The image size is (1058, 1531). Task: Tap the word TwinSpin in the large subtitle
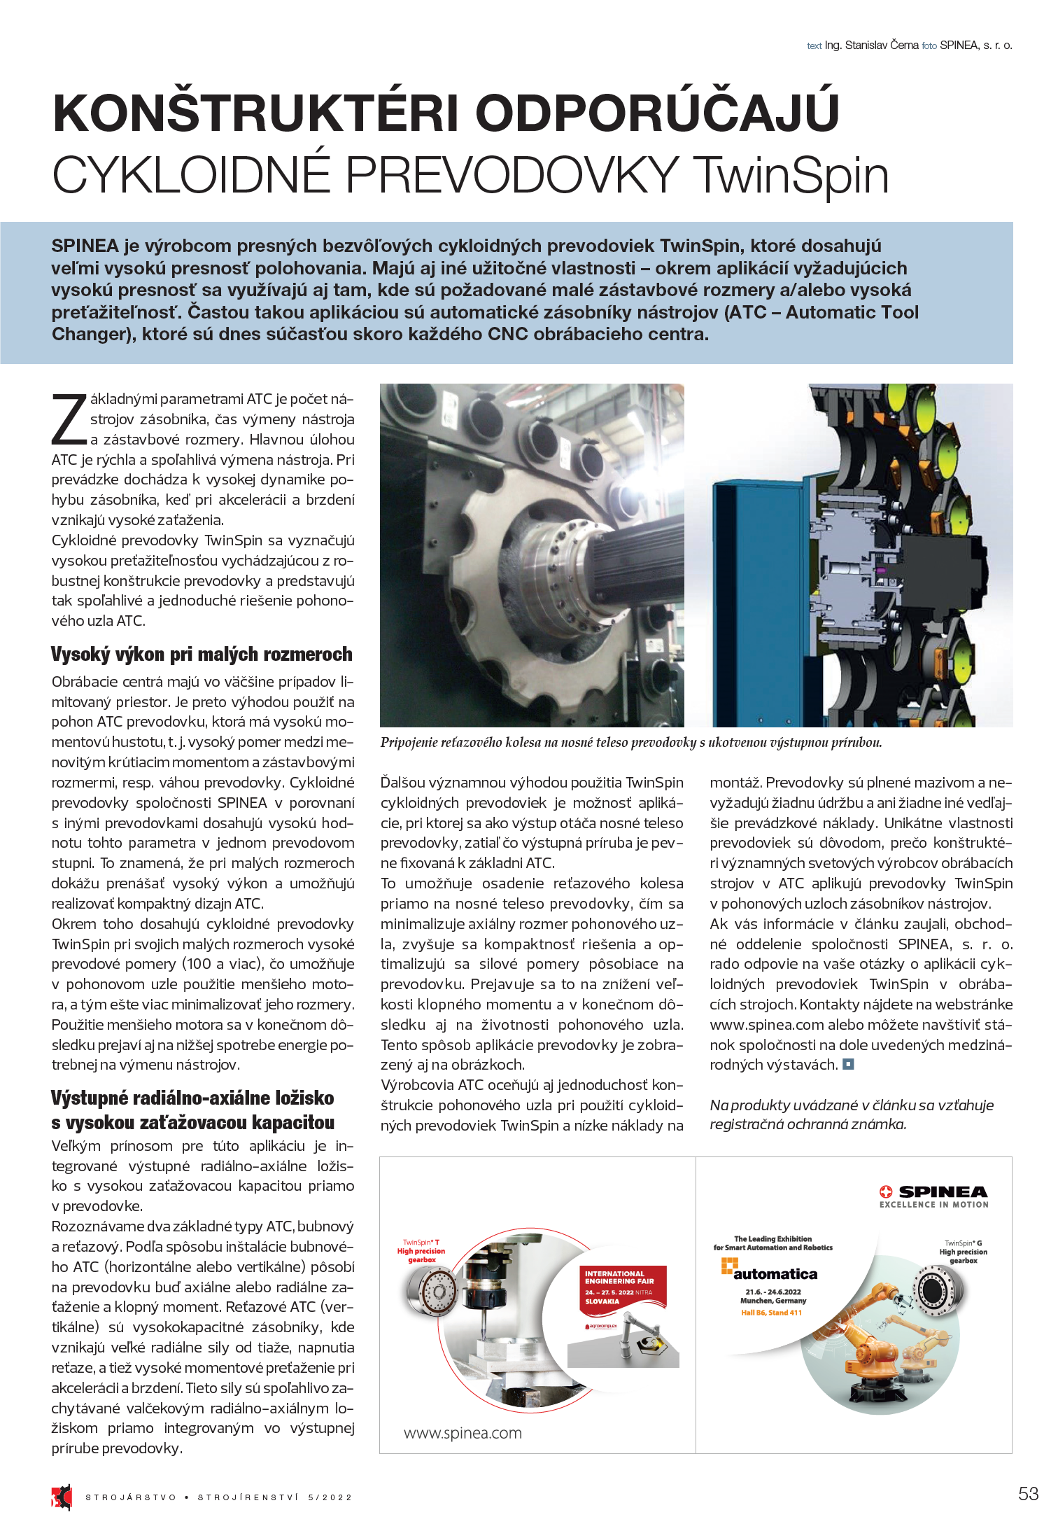click(x=792, y=175)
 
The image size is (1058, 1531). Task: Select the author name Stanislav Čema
click(x=882, y=46)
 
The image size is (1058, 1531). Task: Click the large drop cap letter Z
click(x=69, y=420)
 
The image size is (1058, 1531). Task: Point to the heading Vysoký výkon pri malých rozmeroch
click(x=202, y=655)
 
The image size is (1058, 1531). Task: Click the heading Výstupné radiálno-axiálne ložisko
click(x=192, y=1098)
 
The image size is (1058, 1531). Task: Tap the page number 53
click(x=1028, y=1493)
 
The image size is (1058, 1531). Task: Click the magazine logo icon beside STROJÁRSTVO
click(x=62, y=1496)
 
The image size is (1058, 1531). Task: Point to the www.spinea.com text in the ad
click(x=463, y=1433)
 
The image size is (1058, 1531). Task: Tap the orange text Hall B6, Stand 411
click(x=771, y=1313)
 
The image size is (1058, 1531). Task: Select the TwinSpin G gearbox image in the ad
click(x=934, y=1287)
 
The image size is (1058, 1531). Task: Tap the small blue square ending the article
click(x=848, y=1065)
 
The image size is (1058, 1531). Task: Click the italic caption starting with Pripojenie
click(x=630, y=743)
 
